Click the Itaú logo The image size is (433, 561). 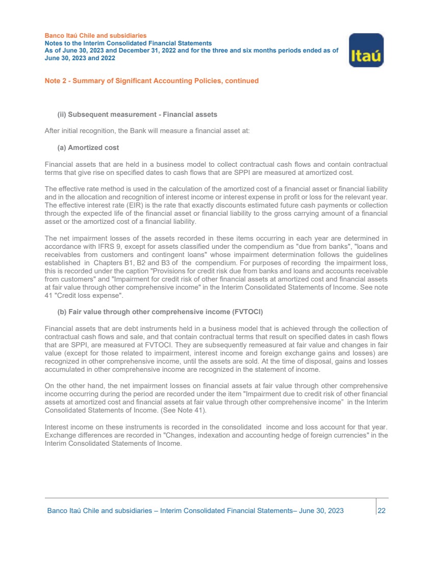pyautogui.click(x=366, y=50)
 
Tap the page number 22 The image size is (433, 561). pyautogui.click(x=381, y=511)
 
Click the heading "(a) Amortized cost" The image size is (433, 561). pyautogui.click(x=88, y=147)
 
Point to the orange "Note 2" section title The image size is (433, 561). pyautogui.click(x=151, y=81)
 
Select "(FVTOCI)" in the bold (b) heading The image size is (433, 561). pyautogui.click(x=244, y=312)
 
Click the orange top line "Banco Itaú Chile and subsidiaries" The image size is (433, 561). pyautogui.click(x=95, y=36)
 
